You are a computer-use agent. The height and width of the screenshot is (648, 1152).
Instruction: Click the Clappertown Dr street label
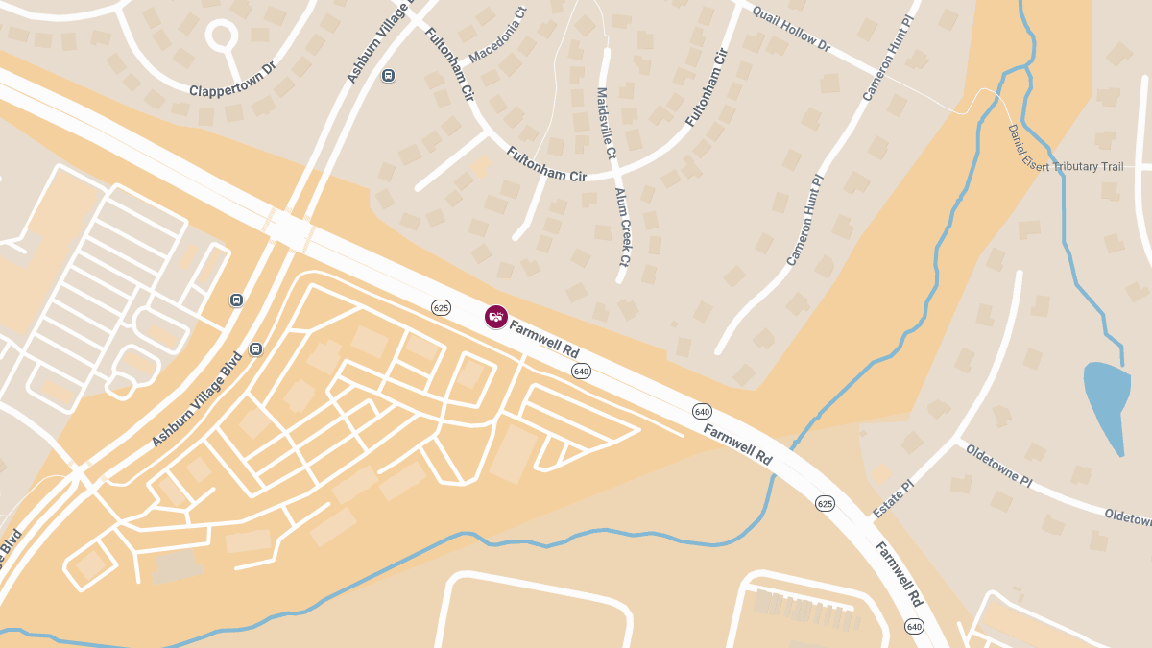(x=232, y=90)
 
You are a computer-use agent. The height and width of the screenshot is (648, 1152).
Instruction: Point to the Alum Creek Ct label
(x=622, y=227)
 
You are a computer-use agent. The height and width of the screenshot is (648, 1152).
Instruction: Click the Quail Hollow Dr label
(x=792, y=27)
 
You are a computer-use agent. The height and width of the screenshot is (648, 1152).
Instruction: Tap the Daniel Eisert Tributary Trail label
(x=1066, y=154)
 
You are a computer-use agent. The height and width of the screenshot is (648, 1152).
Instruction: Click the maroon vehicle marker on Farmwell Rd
(x=495, y=317)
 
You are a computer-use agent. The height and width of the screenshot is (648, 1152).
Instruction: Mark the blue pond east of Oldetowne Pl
(x=1105, y=403)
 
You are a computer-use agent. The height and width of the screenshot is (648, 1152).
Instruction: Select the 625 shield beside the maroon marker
(x=442, y=308)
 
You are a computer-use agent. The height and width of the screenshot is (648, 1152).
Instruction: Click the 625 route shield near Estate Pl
(x=826, y=503)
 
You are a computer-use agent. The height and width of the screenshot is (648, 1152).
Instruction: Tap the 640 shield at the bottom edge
(x=913, y=627)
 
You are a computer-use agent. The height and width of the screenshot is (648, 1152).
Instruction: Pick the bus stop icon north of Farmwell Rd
(x=388, y=75)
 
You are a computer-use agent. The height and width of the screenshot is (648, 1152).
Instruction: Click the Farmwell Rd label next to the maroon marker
(x=543, y=340)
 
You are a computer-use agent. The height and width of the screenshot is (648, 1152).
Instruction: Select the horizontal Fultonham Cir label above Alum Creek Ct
(x=546, y=163)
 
